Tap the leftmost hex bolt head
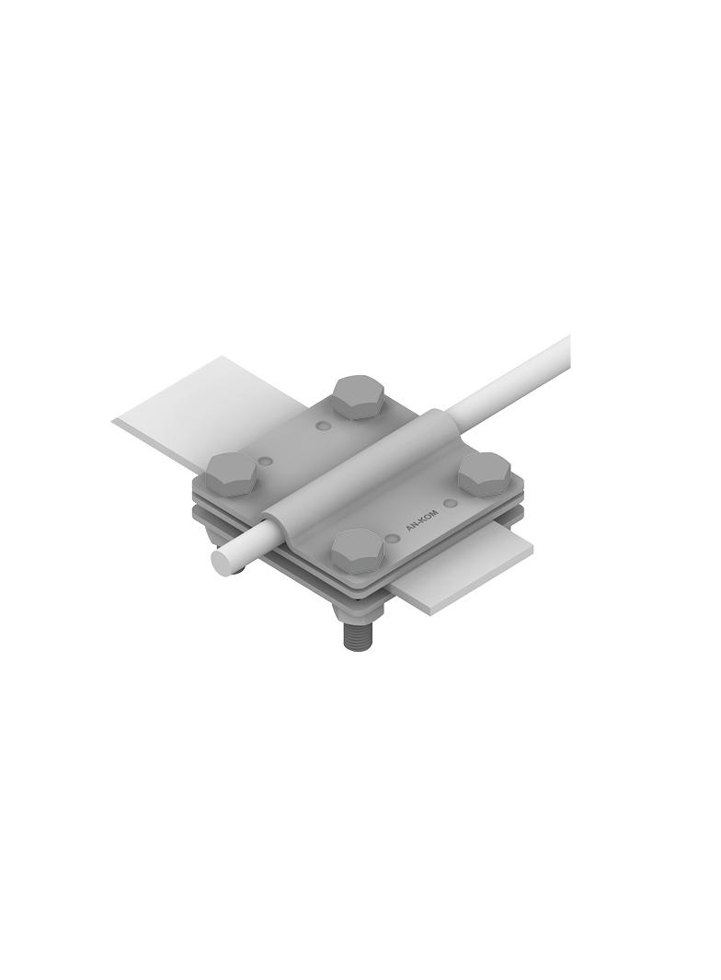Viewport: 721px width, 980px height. tap(231, 474)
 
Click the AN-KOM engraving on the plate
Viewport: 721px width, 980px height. tap(421, 522)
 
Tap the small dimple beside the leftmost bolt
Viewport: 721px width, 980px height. tap(266, 459)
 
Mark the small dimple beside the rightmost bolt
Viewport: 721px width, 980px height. tap(449, 503)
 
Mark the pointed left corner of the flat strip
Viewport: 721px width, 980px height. tap(116, 421)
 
